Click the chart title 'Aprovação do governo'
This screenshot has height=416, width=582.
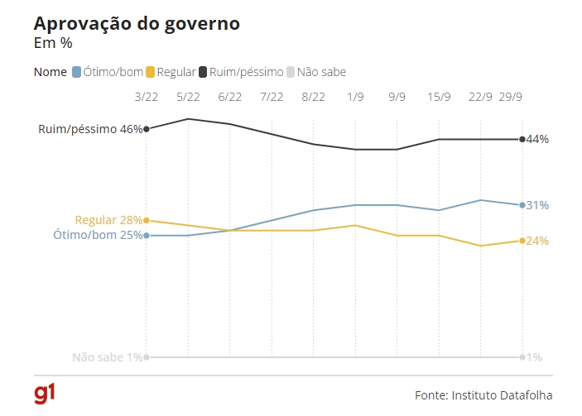(137, 23)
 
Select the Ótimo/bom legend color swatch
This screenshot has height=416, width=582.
(77, 72)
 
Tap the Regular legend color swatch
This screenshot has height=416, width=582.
(150, 72)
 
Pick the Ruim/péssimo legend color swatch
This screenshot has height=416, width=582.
(204, 72)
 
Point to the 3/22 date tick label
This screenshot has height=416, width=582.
(147, 97)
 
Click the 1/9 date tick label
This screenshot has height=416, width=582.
(355, 97)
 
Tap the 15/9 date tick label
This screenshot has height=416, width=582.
(439, 97)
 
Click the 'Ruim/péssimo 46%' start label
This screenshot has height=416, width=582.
(90, 129)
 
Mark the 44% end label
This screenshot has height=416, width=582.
(537, 139)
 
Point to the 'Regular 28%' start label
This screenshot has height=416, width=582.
(108, 220)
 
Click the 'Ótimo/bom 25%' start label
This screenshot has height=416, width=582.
(98, 236)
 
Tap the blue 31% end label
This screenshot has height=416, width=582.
(537, 205)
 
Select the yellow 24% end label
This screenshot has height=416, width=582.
(537, 241)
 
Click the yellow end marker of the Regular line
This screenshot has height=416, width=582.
(522, 241)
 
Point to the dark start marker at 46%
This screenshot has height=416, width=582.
(147, 129)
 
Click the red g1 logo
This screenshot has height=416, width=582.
(45, 394)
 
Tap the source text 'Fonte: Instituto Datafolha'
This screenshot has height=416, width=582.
(483, 395)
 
